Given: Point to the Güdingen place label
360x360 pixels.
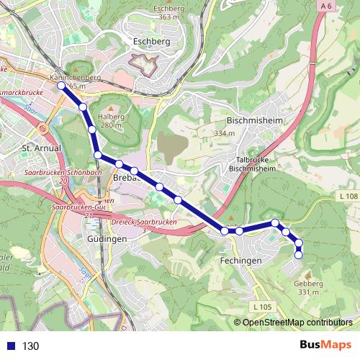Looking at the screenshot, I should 107,238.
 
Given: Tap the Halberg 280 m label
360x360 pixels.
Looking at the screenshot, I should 111,120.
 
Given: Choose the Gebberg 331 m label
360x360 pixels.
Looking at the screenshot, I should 307,287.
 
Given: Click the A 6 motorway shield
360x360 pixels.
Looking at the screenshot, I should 327,6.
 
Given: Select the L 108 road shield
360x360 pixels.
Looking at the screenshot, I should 347,196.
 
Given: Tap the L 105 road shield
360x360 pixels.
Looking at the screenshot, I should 263,307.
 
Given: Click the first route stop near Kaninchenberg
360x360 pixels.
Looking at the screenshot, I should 61,86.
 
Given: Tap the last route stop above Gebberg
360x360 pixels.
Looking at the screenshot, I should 300,255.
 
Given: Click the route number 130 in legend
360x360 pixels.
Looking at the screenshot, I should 30,346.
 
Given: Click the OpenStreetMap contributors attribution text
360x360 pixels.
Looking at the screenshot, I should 297,323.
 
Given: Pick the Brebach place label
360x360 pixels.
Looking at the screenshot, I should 127,177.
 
